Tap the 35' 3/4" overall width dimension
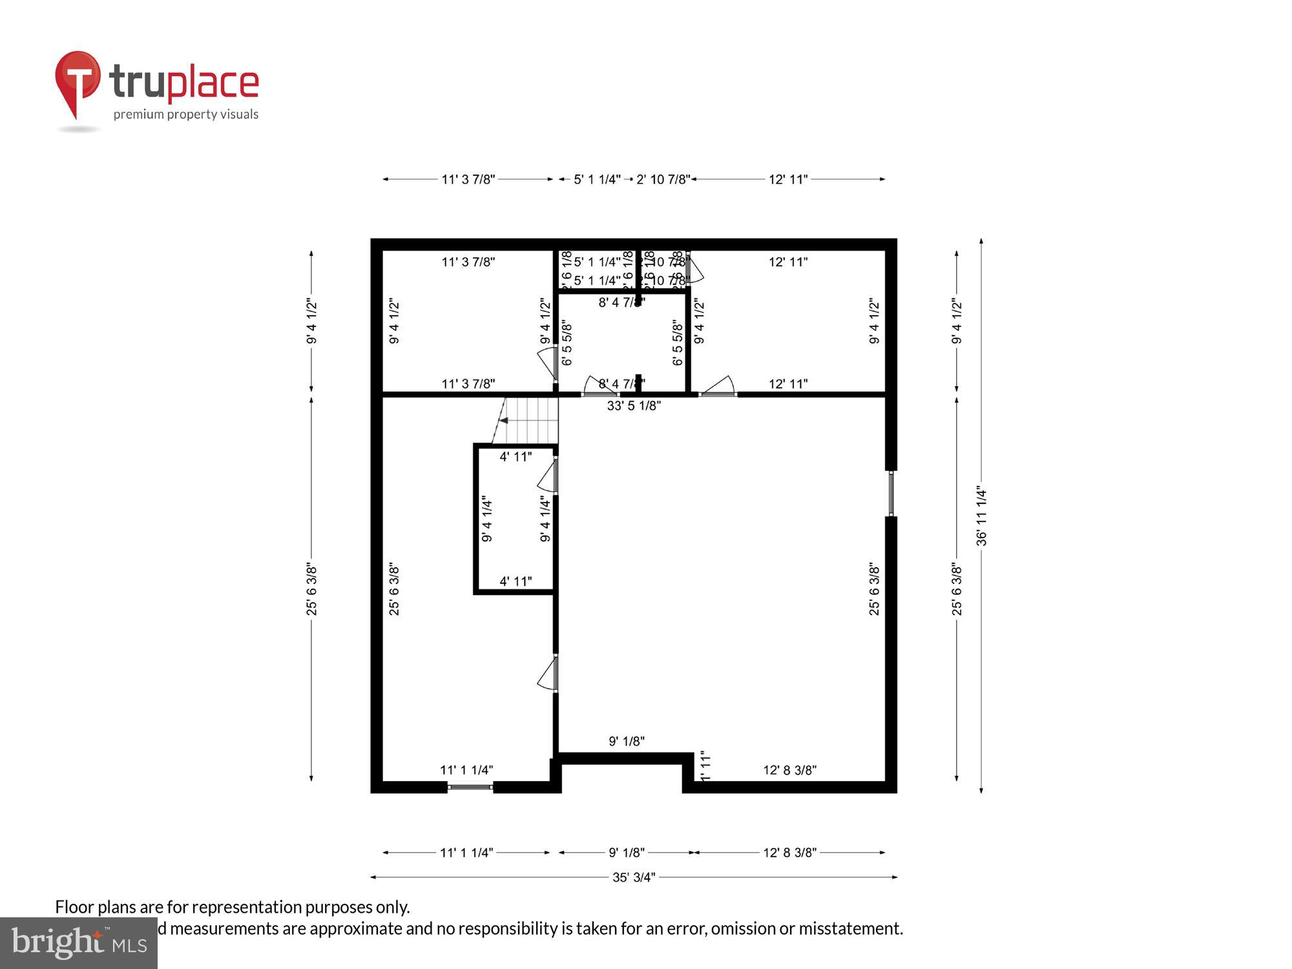[x=634, y=877]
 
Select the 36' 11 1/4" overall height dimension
[x=981, y=516]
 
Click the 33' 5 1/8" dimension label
[x=634, y=406]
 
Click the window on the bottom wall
[x=470, y=787]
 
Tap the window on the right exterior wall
[x=891, y=494]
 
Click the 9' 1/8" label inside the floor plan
[x=627, y=741]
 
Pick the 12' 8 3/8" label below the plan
[x=789, y=853]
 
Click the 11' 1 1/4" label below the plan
[x=466, y=853]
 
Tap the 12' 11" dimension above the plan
[x=788, y=179]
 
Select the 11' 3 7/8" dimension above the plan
[x=468, y=179]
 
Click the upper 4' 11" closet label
[x=516, y=457]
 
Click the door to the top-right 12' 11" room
[x=718, y=386]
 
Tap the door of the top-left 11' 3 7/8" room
[x=548, y=363]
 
